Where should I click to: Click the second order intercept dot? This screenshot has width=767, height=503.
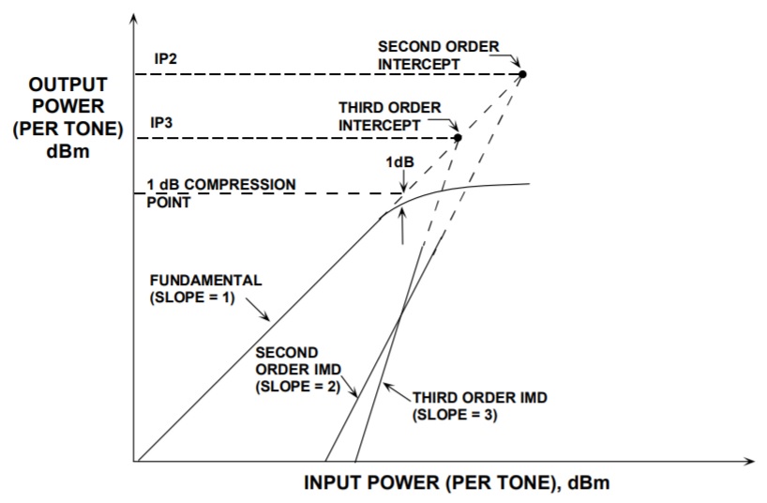coord(522,73)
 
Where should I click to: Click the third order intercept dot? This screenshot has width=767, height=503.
coord(458,138)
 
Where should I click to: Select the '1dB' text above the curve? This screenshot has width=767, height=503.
coord(399,160)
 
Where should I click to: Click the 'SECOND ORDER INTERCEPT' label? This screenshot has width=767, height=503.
coord(438,53)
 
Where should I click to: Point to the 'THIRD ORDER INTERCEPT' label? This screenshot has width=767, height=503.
coord(389,116)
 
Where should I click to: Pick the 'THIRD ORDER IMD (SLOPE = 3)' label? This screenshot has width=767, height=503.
coord(479,405)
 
